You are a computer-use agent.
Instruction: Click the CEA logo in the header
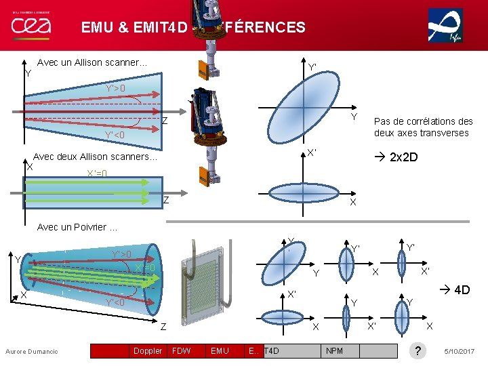pos(30,26)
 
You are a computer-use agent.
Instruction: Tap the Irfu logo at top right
pos(445,26)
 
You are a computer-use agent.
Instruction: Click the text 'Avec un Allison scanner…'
pos(92,62)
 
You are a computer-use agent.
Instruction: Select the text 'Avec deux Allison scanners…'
pos(95,157)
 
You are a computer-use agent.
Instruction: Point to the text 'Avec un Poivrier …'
pos(77,227)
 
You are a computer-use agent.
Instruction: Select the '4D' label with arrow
pos(455,290)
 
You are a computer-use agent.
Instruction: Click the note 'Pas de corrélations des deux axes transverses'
pos(423,127)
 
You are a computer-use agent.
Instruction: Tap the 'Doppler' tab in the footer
pos(147,350)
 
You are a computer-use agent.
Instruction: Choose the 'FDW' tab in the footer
pos(182,350)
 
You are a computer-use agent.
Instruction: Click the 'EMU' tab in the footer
pos(220,350)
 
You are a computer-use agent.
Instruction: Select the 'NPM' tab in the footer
pos(334,350)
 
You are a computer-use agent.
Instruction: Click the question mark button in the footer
pos(419,350)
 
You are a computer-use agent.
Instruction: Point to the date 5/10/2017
pos(460,351)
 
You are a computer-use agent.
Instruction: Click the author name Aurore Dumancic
pos(32,351)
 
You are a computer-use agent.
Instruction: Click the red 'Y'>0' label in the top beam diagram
pos(115,88)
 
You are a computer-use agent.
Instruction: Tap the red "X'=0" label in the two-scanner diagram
pos(97,174)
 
